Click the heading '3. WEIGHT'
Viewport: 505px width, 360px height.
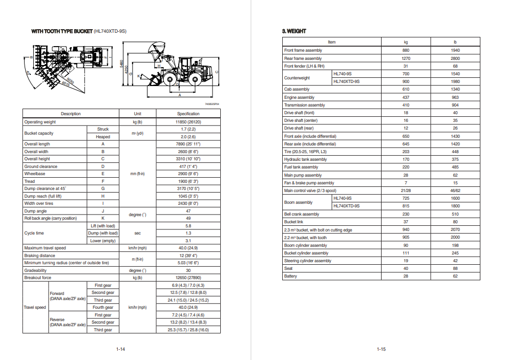294,31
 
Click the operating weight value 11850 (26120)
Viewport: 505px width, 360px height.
188,122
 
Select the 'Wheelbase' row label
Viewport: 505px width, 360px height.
35,174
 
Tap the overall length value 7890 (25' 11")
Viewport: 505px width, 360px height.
188,144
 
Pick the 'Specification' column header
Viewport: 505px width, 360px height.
188,114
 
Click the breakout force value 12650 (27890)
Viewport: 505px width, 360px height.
188,278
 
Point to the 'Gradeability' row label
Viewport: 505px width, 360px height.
35,270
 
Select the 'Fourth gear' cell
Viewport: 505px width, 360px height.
102,307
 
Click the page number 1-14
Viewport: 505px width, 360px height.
121,349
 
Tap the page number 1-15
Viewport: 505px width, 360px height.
381,349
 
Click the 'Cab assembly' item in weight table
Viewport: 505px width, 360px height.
297,89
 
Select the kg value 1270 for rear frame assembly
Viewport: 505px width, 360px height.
406,58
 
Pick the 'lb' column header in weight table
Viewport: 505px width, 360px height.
455,42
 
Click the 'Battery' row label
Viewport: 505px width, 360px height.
290,276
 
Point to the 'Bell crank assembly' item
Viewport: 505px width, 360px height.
302,214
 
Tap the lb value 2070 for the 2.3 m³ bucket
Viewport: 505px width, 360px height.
455,230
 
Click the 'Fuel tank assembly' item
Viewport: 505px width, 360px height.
301,167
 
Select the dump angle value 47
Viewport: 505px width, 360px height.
188,211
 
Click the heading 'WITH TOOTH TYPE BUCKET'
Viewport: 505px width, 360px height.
61,32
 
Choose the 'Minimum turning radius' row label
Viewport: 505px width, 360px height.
67,263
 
